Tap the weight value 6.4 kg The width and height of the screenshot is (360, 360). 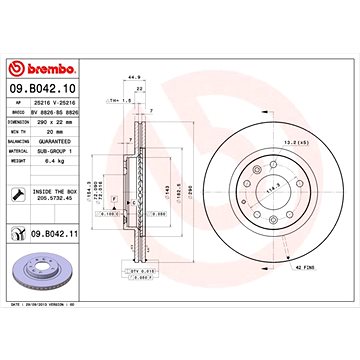(56, 158)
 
